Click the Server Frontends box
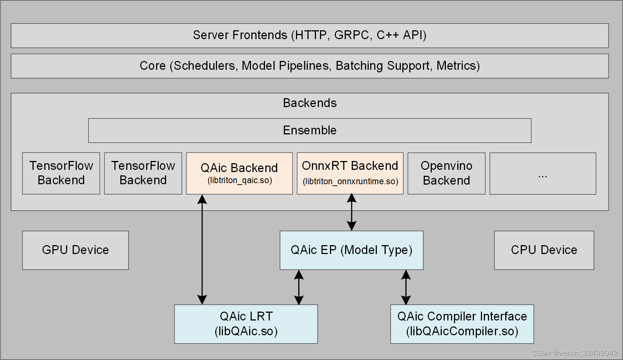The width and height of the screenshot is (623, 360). pos(310,35)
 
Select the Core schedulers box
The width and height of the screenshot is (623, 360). pos(310,66)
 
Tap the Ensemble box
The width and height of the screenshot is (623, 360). pos(310,130)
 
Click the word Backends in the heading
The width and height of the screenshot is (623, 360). pos(310,103)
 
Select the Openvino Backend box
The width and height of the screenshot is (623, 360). pos(446,173)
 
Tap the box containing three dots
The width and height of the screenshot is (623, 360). pos(543,174)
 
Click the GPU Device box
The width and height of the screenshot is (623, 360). pos(75,250)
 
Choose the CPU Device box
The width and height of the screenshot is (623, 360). pos(544,250)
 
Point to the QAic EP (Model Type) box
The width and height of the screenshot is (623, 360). pos(351,250)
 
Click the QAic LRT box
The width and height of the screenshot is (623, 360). pos(246,324)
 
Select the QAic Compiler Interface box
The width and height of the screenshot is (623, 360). pos(462,324)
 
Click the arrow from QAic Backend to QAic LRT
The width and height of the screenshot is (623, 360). pos(202,249)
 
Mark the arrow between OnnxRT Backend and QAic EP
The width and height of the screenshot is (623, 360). pos(352,212)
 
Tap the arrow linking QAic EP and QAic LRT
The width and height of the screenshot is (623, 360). pos(299,287)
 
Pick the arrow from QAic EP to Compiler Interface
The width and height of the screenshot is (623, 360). pos(406,287)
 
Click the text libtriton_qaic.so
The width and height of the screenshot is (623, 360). pos(240,181)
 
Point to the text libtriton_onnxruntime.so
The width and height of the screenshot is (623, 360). pos(350,182)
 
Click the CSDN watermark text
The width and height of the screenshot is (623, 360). pos(575,353)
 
